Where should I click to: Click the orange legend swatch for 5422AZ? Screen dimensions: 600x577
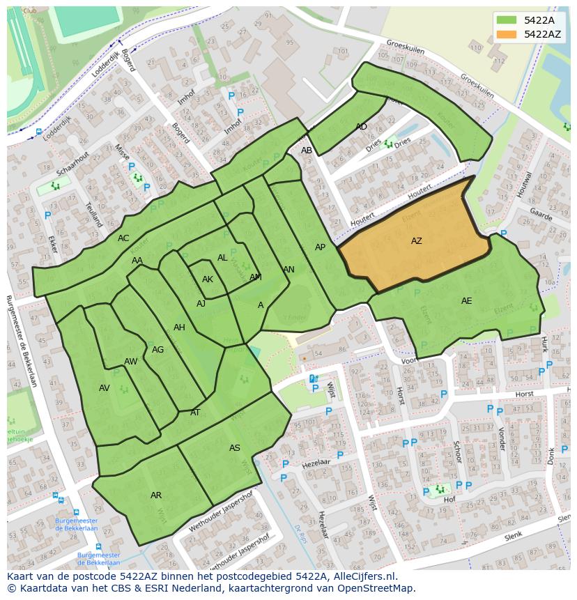point(508,34)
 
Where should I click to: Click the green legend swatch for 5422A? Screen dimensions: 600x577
point(508,20)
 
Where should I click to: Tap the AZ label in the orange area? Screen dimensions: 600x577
point(416,241)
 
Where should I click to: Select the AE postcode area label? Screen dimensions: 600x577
point(466,301)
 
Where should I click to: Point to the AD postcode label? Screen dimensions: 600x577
point(361,127)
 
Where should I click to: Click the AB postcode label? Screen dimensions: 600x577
point(307,151)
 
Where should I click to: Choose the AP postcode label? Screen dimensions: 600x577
point(320,247)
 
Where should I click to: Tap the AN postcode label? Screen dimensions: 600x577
point(288,270)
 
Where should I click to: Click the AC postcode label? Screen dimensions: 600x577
point(123,238)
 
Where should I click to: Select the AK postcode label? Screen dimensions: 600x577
point(207,279)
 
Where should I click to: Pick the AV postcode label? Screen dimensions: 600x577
point(105,388)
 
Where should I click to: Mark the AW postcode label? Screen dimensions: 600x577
point(130,362)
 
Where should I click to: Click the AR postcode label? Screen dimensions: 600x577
point(156,495)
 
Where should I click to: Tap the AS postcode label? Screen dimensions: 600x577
point(235,448)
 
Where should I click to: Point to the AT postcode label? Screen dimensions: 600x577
point(195,413)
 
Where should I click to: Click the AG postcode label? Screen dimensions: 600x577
point(157,350)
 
